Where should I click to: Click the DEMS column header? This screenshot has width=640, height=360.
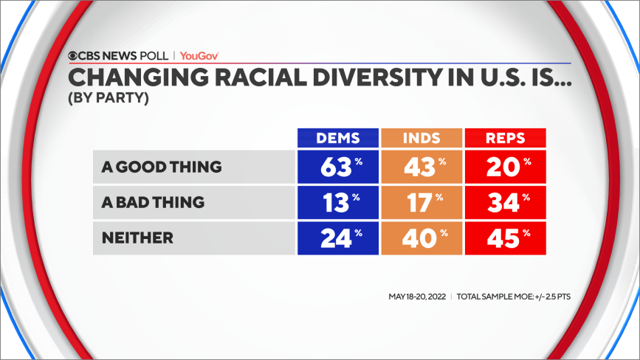[337, 138]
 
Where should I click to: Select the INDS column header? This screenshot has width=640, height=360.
[421, 138]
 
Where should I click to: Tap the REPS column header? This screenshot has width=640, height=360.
[505, 138]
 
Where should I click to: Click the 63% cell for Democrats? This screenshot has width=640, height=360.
[337, 167]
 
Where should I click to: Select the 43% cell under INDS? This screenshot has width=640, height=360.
[421, 167]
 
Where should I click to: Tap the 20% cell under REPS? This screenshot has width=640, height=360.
[505, 167]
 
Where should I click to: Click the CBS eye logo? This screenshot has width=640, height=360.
[74, 55]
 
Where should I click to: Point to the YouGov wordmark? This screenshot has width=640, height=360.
[199, 55]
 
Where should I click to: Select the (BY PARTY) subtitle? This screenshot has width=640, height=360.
[109, 97]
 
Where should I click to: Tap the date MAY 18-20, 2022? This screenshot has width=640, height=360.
[416, 297]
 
